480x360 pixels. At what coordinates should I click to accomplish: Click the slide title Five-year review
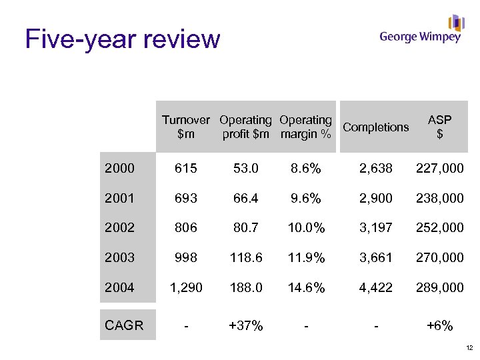tap(122, 39)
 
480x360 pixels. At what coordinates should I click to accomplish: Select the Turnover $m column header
tap(185, 127)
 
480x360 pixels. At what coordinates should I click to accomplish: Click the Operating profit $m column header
tap(245, 127)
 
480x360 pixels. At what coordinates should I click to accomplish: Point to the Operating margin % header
tap(305, 127)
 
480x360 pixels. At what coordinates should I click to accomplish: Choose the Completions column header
tap(376, 127)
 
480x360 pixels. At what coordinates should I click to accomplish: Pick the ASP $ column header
tap(439, 127)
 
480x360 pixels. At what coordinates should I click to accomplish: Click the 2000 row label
tap(119, 169)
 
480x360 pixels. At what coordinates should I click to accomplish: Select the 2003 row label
tap(119, 257)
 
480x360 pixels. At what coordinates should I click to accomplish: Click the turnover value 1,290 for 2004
tap(185, 288)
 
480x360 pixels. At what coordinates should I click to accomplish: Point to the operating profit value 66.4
tap(245, 199)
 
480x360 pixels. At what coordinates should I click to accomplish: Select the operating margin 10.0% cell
tap(306, 228)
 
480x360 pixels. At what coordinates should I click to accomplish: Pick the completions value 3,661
tap(376, 257)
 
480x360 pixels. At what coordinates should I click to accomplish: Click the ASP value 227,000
tap(439, 169)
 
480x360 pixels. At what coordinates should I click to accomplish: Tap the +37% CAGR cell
tap(245, 326)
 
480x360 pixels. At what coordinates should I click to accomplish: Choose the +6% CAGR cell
tap(439, 326)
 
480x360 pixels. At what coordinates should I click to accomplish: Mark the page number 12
tap(469, 348)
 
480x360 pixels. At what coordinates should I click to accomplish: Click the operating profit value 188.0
tap(245, 288)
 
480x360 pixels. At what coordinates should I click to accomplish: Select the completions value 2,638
tap(376, 169)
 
